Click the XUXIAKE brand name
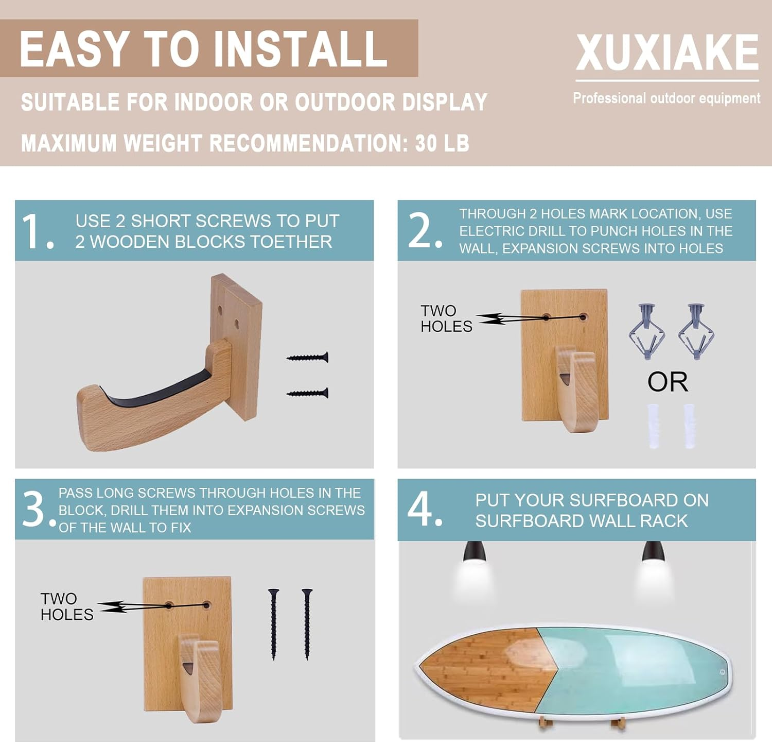point(667,53)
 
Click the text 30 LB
point(442,143)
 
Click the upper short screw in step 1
point(308,357)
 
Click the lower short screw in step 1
point(308,393)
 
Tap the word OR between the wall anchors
point(668,382)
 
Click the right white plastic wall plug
point(689,426)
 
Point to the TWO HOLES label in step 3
point(66,606)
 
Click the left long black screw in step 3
point(273,624)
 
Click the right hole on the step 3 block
point(206,605)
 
